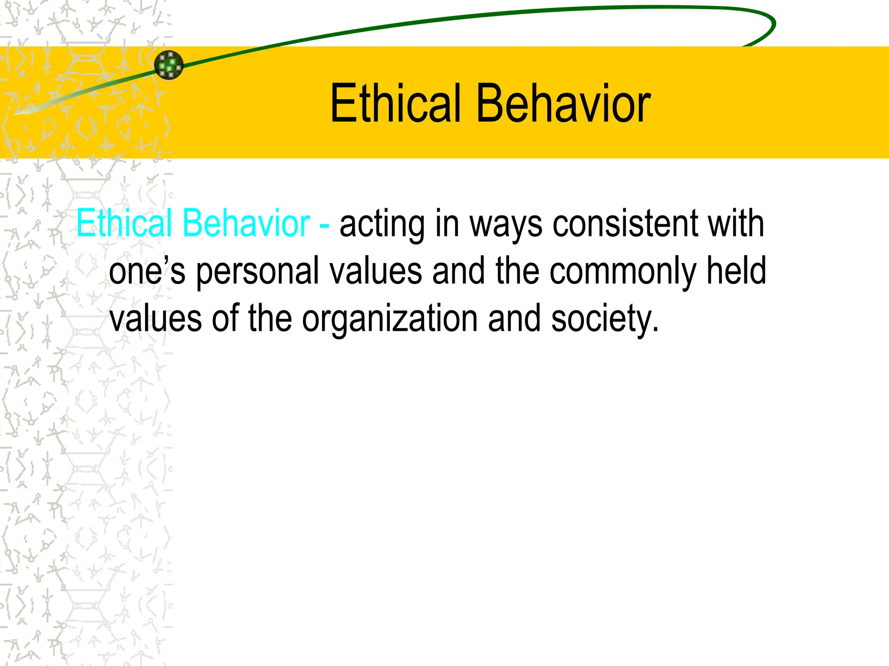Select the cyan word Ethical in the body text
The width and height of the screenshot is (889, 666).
[124, 223]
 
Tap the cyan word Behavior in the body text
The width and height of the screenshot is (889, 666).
[246, 223]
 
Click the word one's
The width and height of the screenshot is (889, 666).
[147, 271]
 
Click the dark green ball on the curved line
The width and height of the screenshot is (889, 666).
[169, 65]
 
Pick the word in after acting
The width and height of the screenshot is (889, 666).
[447, 223]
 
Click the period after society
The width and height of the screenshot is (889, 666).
[655, 329]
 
